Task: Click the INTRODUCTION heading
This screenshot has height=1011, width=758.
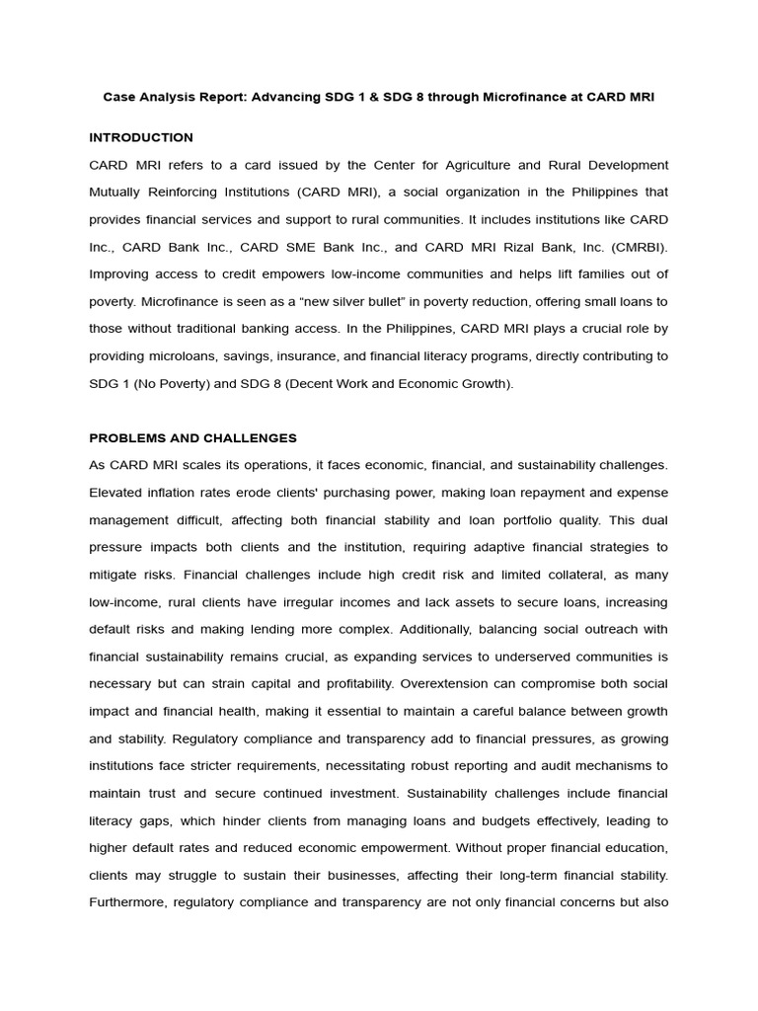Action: [141, 137]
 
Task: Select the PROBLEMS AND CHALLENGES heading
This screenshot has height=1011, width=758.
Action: [192, 437]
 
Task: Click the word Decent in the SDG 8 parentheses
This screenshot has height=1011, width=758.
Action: [318, 383]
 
